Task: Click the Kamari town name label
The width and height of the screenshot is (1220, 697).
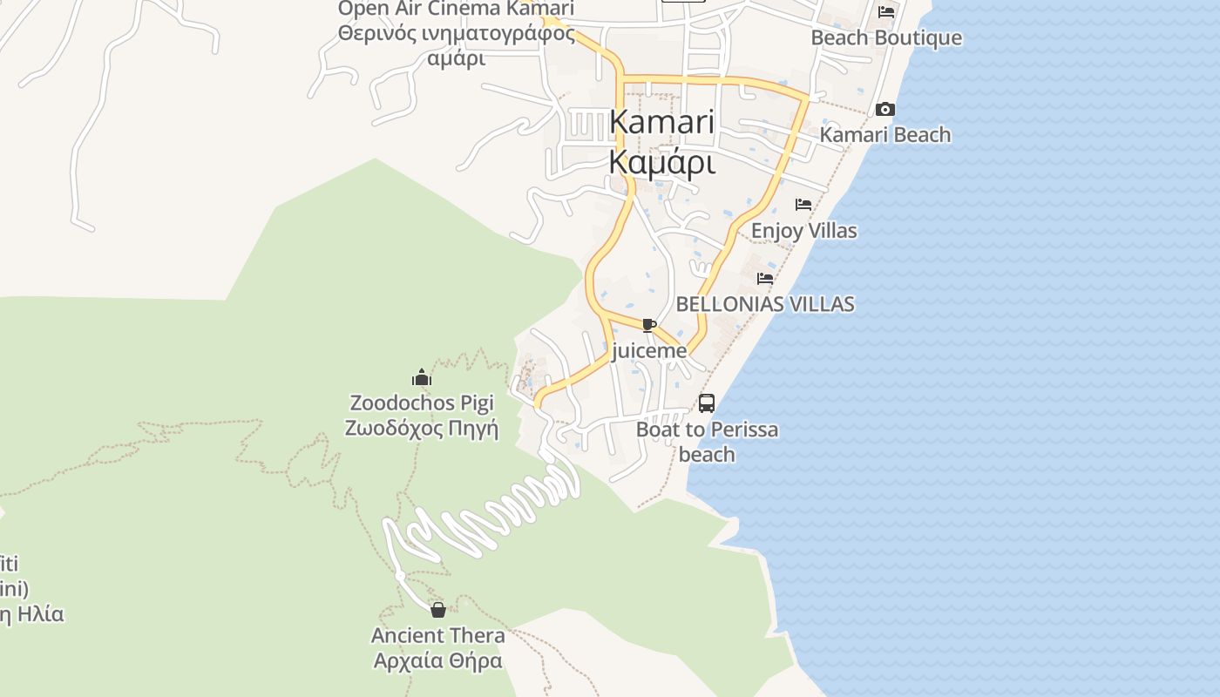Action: pos(662,122)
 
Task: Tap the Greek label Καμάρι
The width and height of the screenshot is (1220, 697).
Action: pos(662,162)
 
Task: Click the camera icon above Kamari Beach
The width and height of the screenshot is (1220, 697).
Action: pos(885,110)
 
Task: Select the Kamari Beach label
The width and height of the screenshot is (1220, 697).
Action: pos(885,135)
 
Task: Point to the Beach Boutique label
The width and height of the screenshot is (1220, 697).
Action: pos(886,37)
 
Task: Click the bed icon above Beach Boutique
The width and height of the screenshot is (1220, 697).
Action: pos(886,12)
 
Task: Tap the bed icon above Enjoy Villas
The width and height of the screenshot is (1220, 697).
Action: pos(803,205)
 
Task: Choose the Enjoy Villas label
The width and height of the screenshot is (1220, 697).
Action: pos(803,231)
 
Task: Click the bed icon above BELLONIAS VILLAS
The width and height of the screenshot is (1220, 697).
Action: pos(765,279)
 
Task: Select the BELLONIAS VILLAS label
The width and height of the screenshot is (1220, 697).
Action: pos(765,304)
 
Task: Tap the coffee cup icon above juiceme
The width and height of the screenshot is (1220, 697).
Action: pos(648,326)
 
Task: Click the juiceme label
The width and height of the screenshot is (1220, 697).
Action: pos(649,351)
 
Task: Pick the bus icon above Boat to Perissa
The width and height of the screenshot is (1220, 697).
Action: pos(707,403)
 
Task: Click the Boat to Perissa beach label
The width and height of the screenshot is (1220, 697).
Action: pos(707,442)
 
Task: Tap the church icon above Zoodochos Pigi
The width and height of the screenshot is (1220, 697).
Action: pos(422,377)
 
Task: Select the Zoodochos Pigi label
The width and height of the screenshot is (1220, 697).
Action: pos(422,403)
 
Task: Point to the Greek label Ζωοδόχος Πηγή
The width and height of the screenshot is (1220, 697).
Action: pos(422,428)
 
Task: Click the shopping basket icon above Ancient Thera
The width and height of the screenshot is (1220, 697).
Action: pos(438,610)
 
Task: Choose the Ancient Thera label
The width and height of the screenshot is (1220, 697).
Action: pos(438,635)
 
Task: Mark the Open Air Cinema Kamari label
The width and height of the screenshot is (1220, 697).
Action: pos(456,9)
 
